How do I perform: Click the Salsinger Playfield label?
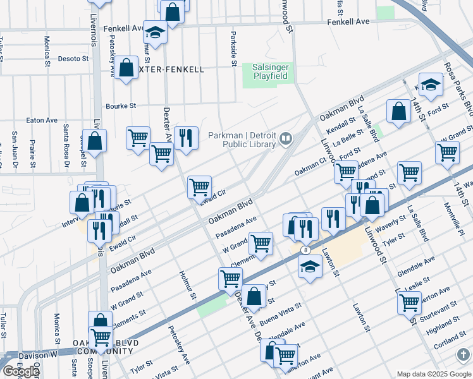coord(270,71)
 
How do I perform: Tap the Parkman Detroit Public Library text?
coord(242,140)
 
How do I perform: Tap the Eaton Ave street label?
coord(42,120)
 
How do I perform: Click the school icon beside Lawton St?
coord(309,267)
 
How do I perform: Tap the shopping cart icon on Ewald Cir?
coord(199,186)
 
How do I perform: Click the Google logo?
coord(21,371)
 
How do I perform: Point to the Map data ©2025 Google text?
coord(433,374)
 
